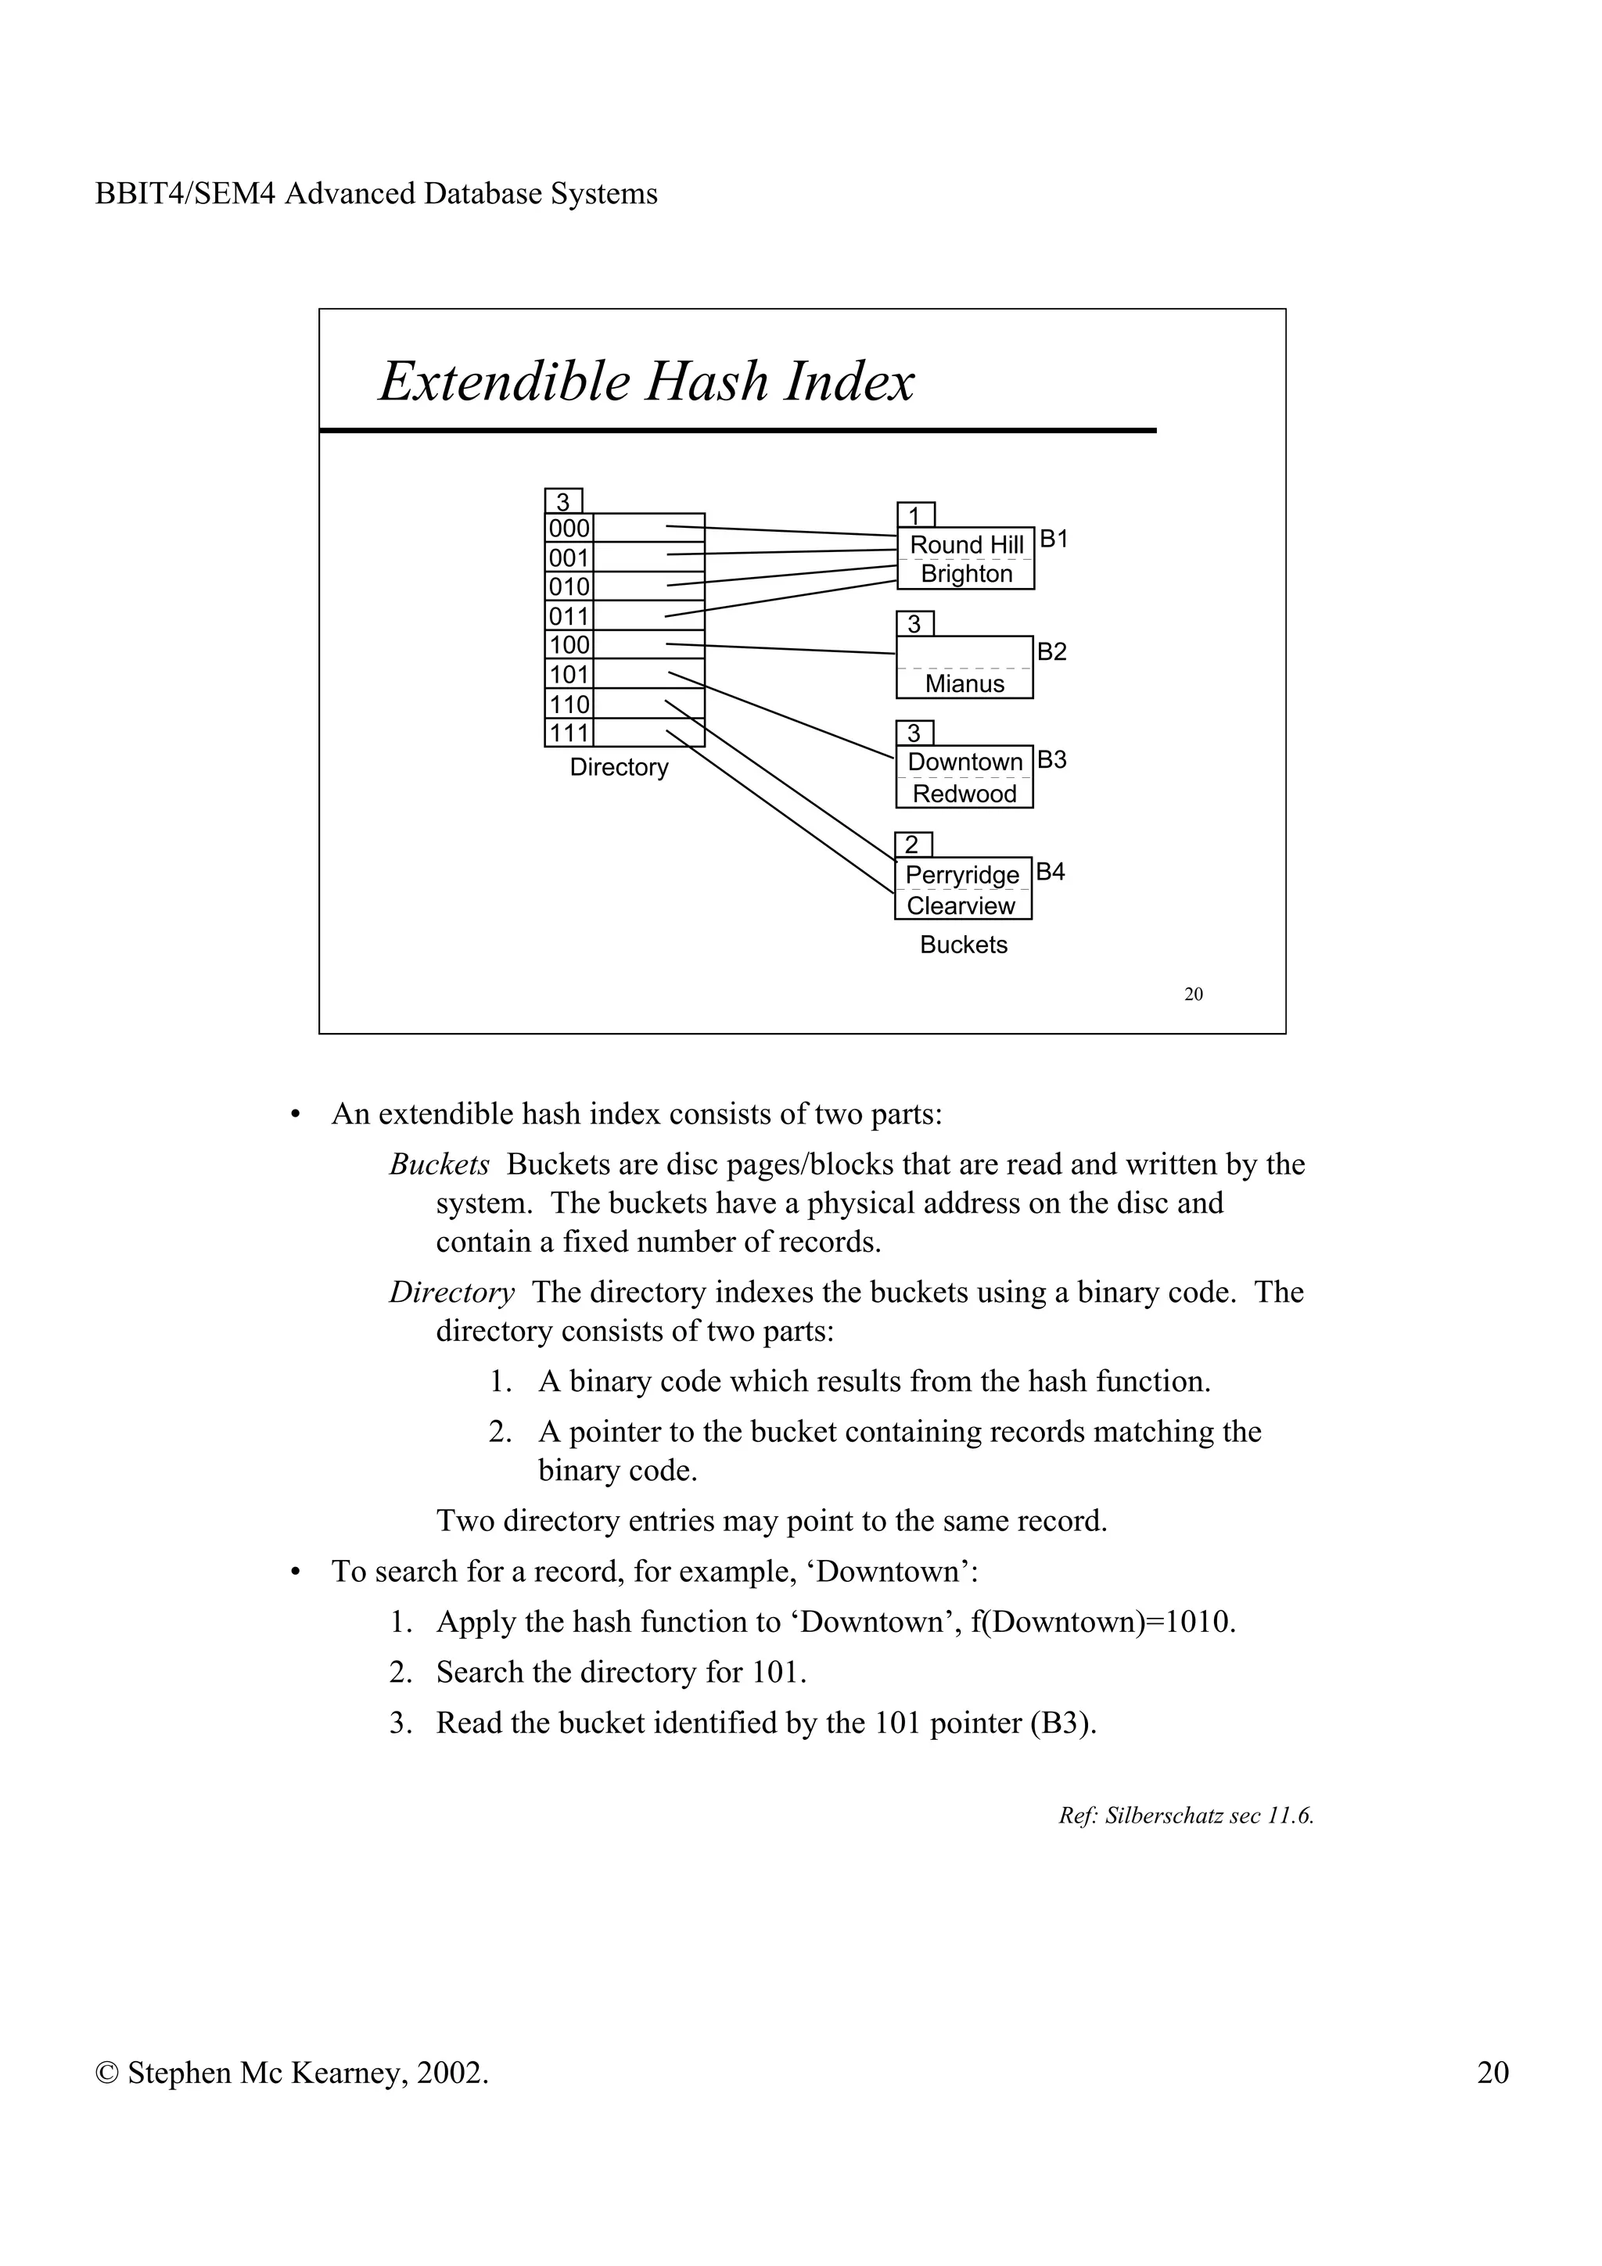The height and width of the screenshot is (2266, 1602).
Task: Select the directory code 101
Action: tap(569, 675)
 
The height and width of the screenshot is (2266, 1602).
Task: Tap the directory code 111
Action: tap(569, 733)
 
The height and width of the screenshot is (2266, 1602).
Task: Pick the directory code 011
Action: tap(569, 617)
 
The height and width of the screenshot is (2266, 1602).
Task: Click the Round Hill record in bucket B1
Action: tap(966, 545)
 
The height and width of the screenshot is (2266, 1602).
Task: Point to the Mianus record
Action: tap(964, 684)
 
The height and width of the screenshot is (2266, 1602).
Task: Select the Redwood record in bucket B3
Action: tap(964, 794)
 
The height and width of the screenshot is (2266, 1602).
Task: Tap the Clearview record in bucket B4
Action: tap(961, 906)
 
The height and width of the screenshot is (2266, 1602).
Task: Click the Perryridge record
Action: tap(962, 876)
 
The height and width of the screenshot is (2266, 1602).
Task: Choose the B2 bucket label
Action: tap(1052, 651)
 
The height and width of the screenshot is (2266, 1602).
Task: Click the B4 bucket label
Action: tap(1051, 872)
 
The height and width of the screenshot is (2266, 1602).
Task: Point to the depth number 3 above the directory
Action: tap(564, 501)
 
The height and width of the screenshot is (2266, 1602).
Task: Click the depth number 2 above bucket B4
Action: tap(912, 844)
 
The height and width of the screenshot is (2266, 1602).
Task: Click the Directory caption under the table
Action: tap(619, 767)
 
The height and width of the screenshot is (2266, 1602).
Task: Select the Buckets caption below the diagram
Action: tap(964, 945)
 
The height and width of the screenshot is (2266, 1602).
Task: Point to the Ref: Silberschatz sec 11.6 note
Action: tap(1185, 1815)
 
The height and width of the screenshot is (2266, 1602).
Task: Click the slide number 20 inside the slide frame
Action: tap(1194, 994)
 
